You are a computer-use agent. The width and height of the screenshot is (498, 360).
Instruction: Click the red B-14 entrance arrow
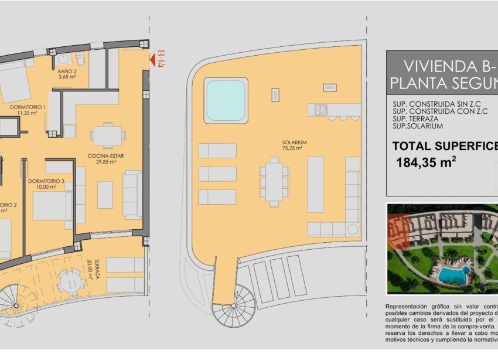(154, 59)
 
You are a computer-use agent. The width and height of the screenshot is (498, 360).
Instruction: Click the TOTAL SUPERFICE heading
(444, 146)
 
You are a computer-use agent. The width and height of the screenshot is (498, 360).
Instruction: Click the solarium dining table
(275, 182)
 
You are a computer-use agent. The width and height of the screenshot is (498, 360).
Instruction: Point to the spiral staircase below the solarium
(234, 305)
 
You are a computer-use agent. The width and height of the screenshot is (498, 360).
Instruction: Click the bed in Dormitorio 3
(52, 205)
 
